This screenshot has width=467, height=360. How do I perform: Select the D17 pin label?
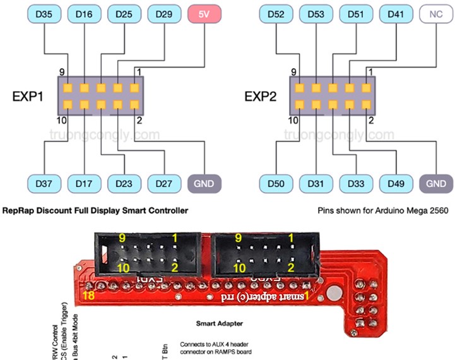click(84, 183)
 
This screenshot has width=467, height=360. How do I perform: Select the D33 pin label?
click(356, 183)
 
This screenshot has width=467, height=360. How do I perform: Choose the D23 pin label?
click(124, 183)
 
